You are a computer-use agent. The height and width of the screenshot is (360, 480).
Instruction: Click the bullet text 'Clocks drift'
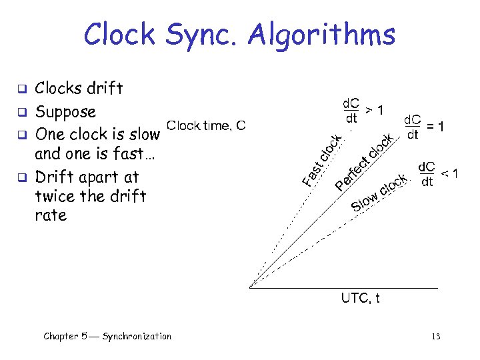click(x=79, y=88)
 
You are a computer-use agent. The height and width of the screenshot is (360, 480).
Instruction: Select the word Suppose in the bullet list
click(x=65, y=111)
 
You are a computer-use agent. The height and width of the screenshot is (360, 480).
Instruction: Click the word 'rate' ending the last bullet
click(x=51, y=215)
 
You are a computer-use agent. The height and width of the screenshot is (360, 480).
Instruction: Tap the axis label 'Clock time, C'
click(x=206, y=125)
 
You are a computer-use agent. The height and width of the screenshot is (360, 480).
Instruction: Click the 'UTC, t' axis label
click(x=361, y=298)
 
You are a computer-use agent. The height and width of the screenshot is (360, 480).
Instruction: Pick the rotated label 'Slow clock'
click(x=379, y=192)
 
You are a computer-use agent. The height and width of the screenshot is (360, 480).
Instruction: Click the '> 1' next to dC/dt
click(x=377, y=110)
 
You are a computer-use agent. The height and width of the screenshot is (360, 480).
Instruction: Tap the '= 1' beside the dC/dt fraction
click(x=437, y=126)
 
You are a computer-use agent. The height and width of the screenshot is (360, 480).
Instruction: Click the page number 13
click(x=436, y=337)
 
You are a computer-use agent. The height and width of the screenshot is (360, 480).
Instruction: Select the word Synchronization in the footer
click(x=137, y=337)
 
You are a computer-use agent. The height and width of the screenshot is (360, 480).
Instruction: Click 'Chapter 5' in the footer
click(x=65, y=337)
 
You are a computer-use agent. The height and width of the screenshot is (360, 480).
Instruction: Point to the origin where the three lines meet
click(x=249, y=287)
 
